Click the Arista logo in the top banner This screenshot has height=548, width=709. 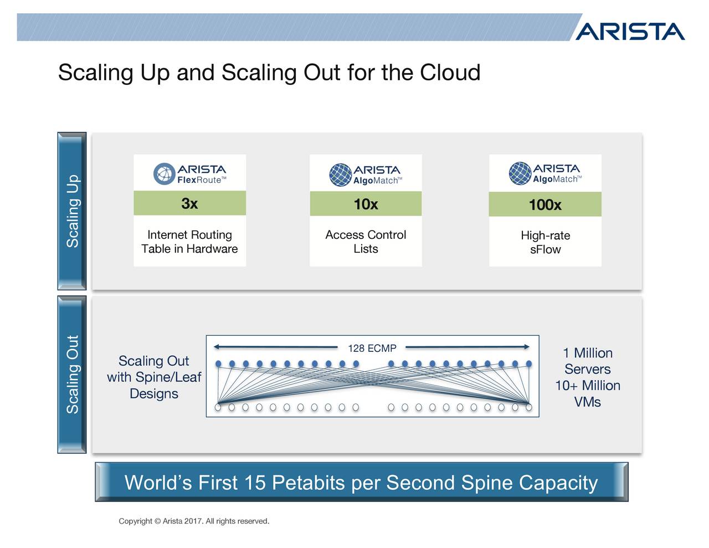[x=630, y=32]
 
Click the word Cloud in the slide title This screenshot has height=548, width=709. [x=450, y=72]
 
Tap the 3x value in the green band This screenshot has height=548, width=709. [x=189, y=203]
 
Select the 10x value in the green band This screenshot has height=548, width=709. [x=366, y=204]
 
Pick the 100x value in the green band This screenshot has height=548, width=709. [x=545, y=205]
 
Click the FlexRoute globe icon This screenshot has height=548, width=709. [x=165, y=173]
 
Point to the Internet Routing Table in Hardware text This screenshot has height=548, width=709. [x=189, y=242]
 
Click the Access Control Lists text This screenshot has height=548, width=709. [x=366, y=242]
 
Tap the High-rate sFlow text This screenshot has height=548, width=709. [x=545, y=243]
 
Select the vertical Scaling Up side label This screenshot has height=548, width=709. [x=73, y=211]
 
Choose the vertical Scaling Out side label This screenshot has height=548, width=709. [x=73, y=375]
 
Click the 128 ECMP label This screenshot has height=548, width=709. [x=372, y=349]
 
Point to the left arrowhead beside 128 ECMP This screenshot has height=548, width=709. [x=216, y=347]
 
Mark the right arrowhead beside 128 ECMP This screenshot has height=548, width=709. [x=527, y=347]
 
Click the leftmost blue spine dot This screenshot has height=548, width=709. [x=218, y=363]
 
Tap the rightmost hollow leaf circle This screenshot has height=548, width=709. [x=529, y=407]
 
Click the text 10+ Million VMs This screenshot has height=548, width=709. [x=588, y=393]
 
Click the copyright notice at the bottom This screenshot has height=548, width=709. [x=194, y=521]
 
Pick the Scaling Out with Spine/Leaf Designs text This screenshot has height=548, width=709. [x=154, y=377]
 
